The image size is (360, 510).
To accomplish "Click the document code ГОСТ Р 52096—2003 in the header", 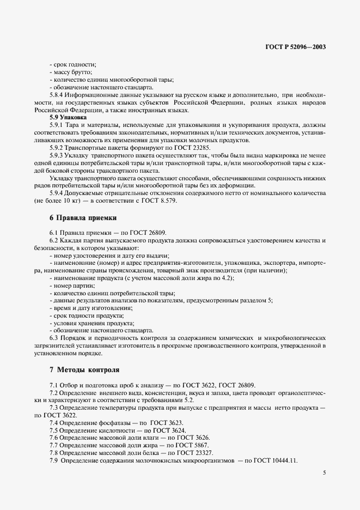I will coord(296,47).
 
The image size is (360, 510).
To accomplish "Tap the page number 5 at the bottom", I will coord(324,473).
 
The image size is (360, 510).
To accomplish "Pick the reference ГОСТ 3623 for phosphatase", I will coord(167,423).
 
